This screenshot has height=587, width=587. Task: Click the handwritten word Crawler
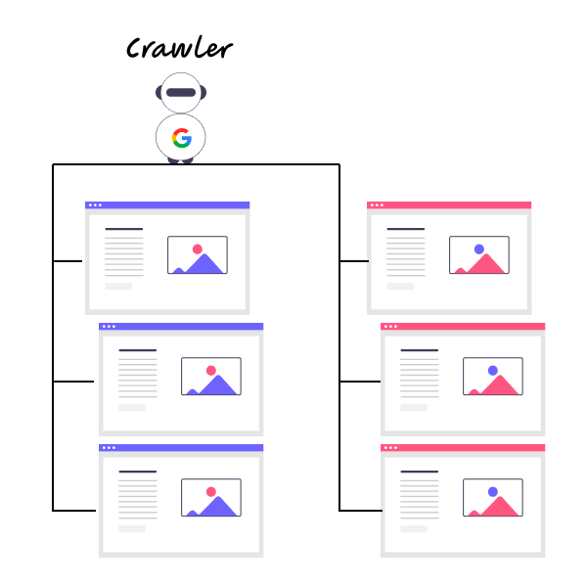180,48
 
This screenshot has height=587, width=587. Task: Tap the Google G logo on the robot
182,138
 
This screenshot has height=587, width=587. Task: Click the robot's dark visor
181,93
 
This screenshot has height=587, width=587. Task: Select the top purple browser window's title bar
167,205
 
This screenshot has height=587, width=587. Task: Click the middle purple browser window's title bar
181,327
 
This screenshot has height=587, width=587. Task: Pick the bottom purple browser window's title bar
181,448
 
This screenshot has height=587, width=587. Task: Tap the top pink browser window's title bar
449,205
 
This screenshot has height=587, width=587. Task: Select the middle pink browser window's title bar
463,327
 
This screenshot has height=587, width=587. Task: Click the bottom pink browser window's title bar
463,448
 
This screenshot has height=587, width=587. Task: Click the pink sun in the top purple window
198,248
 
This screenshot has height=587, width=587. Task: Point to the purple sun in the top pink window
479,248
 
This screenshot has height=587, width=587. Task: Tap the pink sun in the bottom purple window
211,491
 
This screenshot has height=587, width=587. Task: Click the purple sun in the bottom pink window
493,491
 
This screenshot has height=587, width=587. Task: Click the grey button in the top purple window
118,287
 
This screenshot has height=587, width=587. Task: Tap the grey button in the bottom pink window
414,529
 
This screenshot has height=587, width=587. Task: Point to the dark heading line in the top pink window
406,229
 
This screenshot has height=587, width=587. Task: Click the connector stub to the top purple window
68,261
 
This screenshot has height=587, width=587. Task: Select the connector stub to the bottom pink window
361,511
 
